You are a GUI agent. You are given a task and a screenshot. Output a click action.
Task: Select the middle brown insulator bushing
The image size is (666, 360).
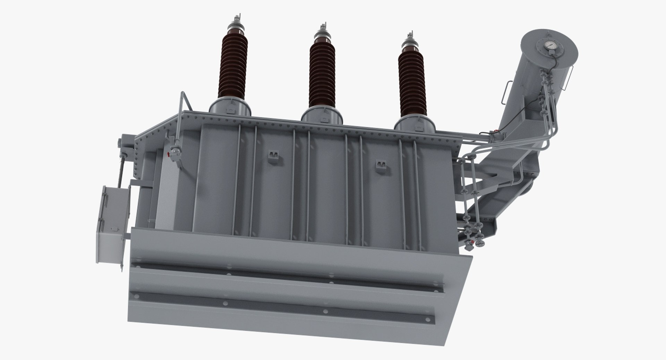click(x=323, y=75)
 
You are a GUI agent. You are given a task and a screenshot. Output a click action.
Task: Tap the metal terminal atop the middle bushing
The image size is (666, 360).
click(x=323, y=34)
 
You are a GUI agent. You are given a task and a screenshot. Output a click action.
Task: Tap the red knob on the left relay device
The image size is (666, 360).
click(x=169, y=154)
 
